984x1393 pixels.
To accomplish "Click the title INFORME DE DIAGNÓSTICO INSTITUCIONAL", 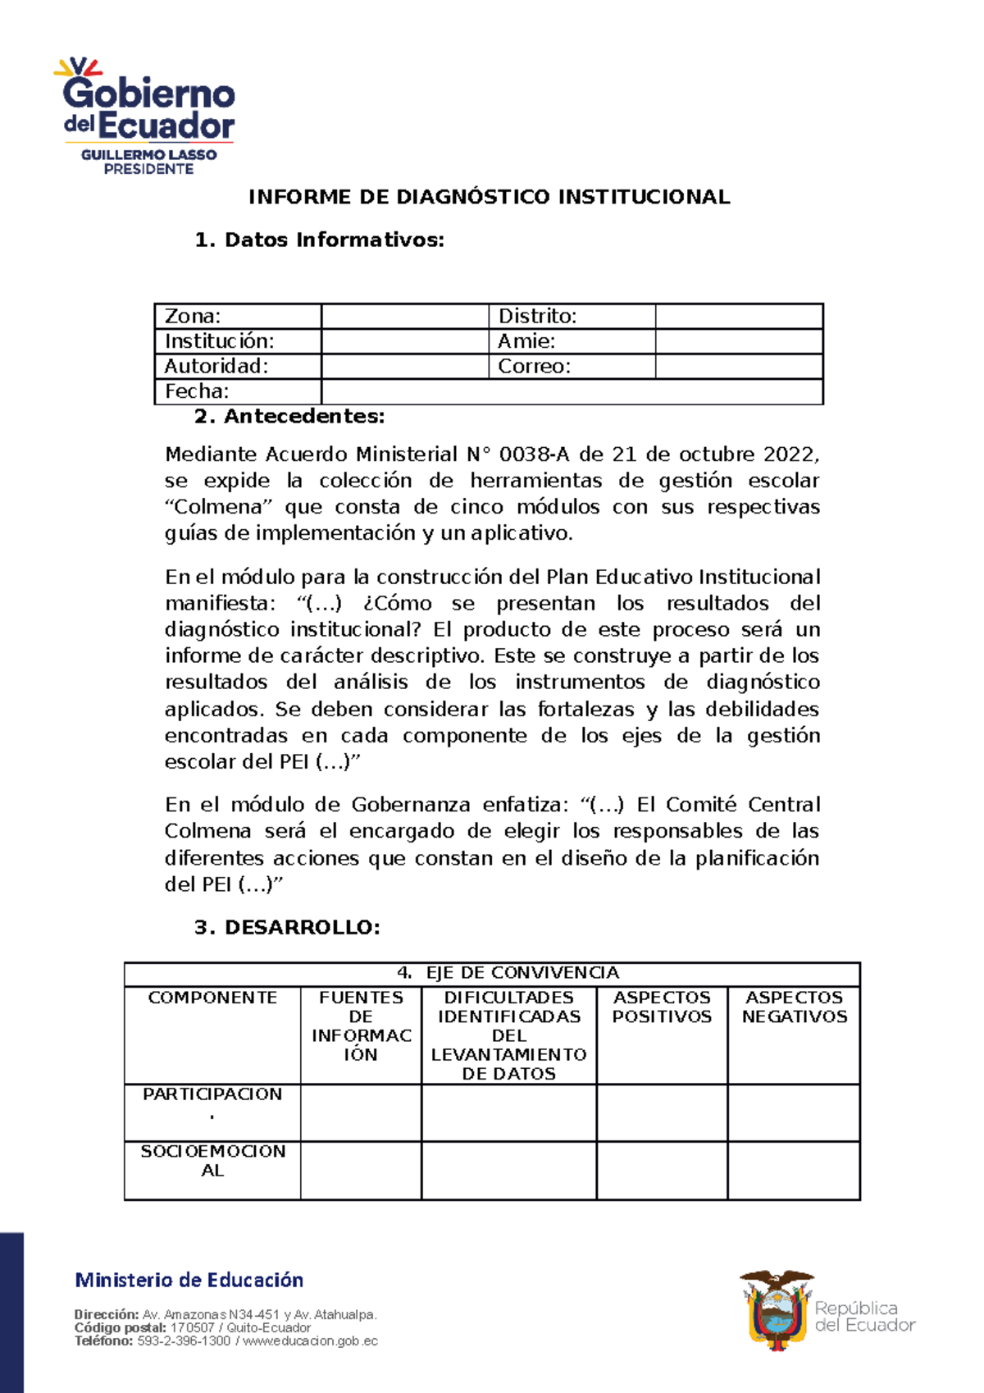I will [489, 197].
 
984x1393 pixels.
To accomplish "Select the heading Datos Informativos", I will [320, 240].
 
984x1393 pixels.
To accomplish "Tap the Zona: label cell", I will [238, 316].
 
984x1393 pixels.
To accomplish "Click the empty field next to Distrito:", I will [738, 316].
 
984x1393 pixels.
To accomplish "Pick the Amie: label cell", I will [572, 341].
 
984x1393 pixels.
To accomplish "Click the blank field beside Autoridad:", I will [404, 366].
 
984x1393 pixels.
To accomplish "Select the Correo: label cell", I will [572, 366].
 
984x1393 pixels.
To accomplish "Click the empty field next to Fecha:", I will [572, 391].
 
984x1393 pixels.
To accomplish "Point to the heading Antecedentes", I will [289, 416].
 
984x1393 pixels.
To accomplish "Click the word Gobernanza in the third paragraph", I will [411, 805].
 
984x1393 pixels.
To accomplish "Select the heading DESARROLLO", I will [287, 928].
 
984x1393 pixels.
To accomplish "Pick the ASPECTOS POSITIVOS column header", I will [662, 1007].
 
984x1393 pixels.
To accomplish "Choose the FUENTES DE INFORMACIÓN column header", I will [361, 1026].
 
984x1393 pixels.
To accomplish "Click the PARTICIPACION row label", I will [212, 1095].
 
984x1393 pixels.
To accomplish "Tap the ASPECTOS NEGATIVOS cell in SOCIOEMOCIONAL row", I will [793, 1171].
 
